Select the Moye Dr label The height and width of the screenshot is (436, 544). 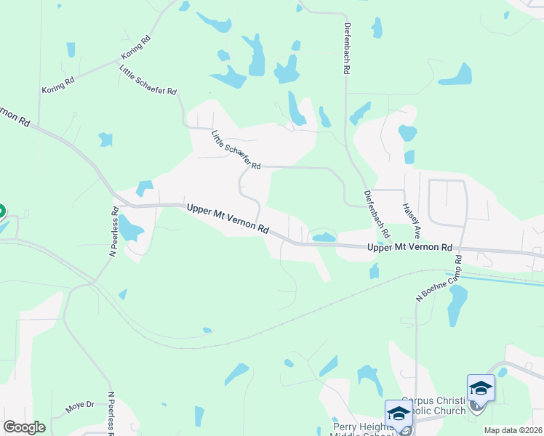(80, 406)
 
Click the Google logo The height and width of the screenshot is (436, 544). (24, 427)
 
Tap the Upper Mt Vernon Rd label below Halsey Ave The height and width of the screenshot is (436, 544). (410, 248)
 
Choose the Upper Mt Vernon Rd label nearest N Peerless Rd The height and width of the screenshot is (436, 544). (228, 218)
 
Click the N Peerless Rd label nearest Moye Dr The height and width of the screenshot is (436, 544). (112, 414)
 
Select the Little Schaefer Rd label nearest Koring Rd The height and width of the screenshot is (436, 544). (148, 80)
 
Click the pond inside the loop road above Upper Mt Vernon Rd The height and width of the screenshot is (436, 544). (324, 237)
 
